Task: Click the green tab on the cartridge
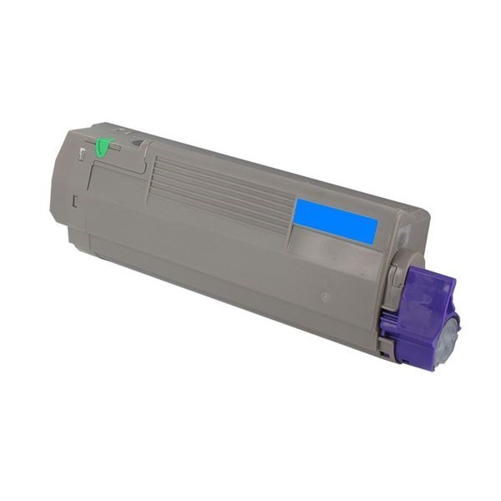click(103, 148)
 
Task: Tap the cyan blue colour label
click(335, 220)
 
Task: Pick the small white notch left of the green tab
click(81, 153)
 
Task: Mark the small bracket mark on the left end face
click(74, 200)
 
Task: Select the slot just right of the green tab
click(116, 149)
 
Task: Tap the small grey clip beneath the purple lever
click(385, 347)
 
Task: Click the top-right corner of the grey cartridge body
click(428, 214)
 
